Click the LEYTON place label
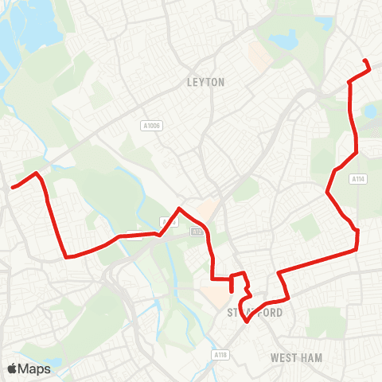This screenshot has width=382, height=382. pos(206,82)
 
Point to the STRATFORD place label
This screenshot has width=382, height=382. pos(255,313)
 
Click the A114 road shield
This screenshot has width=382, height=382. pos(359,180)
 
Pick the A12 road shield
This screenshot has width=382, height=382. pos(197,232)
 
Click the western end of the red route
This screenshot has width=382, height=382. pos(11,189)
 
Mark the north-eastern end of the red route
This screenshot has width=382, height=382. pos(364,61)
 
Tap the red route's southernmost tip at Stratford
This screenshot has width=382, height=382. pos(248,322)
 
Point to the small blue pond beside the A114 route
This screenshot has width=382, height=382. pos(371,111)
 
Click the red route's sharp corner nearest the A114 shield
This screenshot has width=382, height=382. pos(328,191)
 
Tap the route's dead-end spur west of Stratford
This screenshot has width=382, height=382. pos(231,291)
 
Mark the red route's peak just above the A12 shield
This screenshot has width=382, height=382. pos(180,209)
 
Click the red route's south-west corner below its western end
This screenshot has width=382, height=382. pos(65,256)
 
